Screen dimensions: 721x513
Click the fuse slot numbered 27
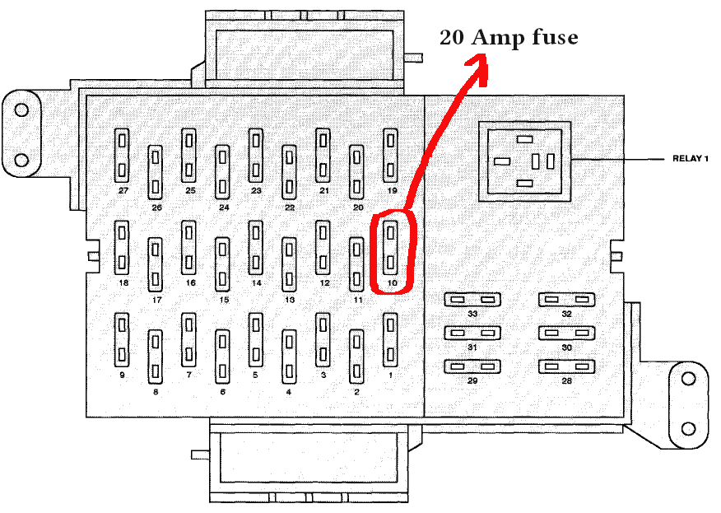pyautogui.click(x=122, y=156)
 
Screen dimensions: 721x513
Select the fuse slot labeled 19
pyautogui.click(x=390, y=156)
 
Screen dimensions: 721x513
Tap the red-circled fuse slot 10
pyautogui.click(x=390, y=248)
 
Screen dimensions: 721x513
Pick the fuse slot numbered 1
pyautogui.click(x=390, y=340)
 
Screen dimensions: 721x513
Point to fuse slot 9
pyautogui.click(x=122, y=340)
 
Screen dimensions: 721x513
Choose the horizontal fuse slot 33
pyautogui.click(x=472, y=300)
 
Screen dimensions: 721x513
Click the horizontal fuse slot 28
pyautogui.click(x=566, y=366)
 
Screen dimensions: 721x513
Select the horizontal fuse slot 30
pyautogui.click(x=566, y=333)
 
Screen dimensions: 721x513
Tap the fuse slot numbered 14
pyautogui.click(x=256, y=248)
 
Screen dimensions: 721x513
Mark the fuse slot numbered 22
pyautogui.click(x=289, y=173)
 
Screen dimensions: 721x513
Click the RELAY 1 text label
pyautogui.click(x=691, y=159)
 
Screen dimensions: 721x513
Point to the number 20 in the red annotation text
pyautogui.click(x=452, y=38)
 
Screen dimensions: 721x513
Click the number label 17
pyautogui.click(x=157, y=300)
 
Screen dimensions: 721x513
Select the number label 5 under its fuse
pyautogui.click(x=255, y=375)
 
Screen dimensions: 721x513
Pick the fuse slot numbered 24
pyautogui.click(x=222, y=173)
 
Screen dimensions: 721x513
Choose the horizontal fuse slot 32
pyautogui.click(x=566, y=300)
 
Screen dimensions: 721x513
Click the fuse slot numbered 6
pyautogui.click(x=222, y=357)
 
